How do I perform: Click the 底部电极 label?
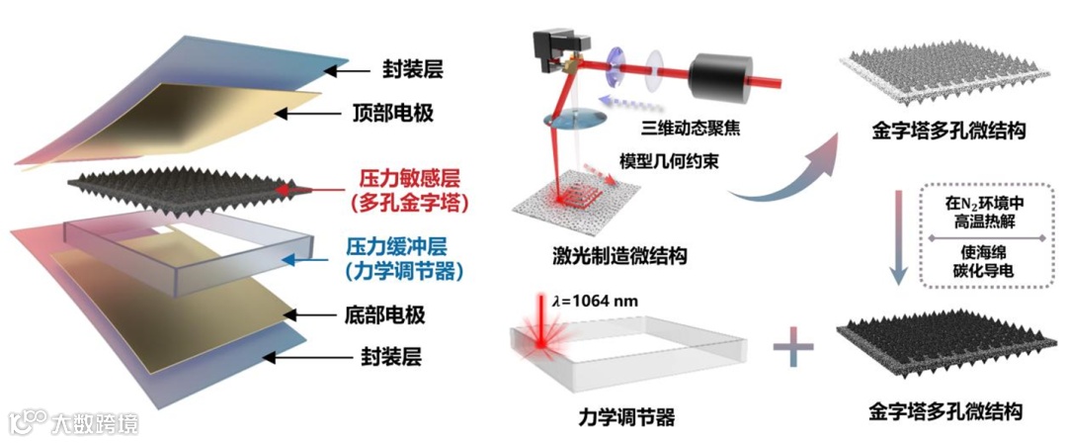pos(384,316)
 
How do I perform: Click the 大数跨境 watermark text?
pos(95,423)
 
